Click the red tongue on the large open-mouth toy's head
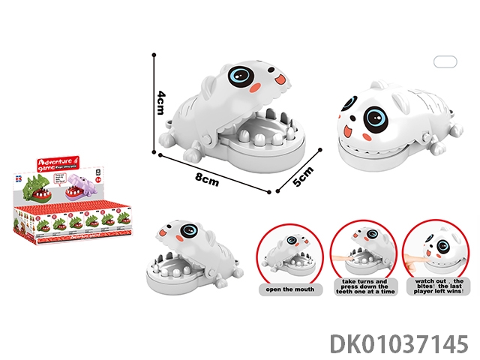click(280, 77)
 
